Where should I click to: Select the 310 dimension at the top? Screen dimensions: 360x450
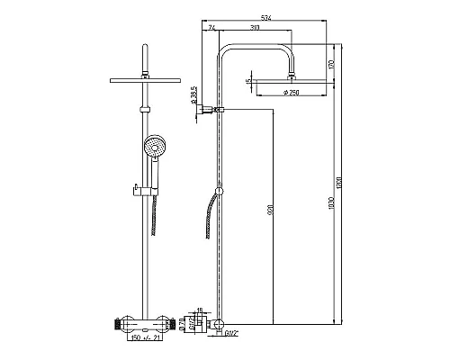256,29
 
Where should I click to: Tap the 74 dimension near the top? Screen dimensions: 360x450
211,29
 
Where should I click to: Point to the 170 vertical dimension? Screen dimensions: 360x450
331,64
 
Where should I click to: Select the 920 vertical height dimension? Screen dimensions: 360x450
270,212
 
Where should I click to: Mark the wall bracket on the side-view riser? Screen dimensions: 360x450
213,110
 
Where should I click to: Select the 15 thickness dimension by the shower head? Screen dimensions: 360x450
249,83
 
